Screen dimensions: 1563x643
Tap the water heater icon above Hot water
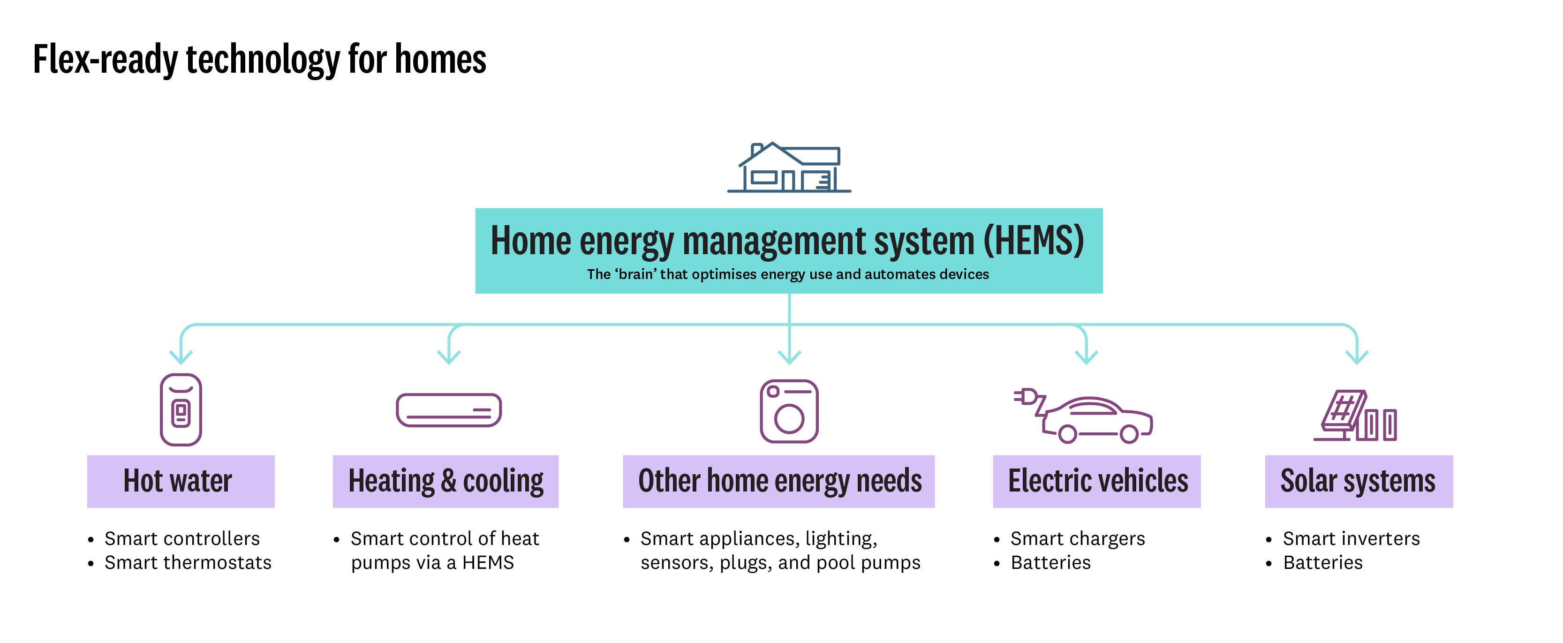pyautogui.click(x=181, y=410)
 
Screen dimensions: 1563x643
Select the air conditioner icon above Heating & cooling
pyautogui.click(x=448, y=410)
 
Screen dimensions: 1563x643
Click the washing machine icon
pyautogui.click(x=789, y=411)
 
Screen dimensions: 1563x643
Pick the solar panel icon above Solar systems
pyautogui.click(x=1355, y=416)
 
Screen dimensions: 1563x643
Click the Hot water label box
pyautogui.click(x=181, y=481)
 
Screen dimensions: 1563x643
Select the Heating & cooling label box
pyautogui.click(x=445, y=481)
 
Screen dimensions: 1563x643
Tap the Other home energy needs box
pyautogui.click(x=778, y=481)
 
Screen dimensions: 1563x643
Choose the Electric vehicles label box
pyautogui.click(x=1096, y=481)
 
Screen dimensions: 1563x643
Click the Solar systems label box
pyautogui.click(x=1359, y=481)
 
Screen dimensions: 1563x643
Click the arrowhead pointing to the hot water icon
pyautogui.click(x=181, y=357)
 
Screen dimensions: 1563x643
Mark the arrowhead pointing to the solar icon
pyautogui.click(x=1357, y=357)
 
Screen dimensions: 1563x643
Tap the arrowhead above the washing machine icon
pyautogui.click(x=789, y=357)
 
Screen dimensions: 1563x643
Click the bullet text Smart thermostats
pyautogui.click(x=188, y=563)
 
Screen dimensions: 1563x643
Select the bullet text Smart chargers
pyautogui.click(x=1078, y=539)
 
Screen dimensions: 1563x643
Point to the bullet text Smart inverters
pyautogui.click(x=1351, y=539)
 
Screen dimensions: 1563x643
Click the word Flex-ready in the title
pyautogui.click(x=105, y=60)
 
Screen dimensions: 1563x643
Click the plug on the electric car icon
pyautogui.click(x=1026, y=397)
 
